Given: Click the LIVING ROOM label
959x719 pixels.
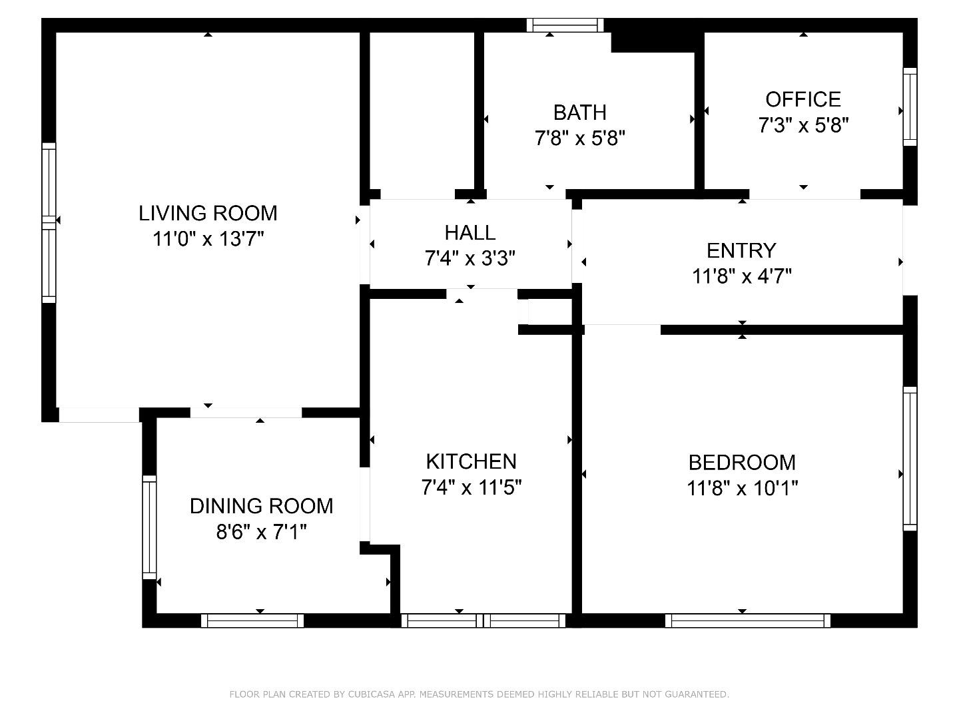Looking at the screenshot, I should [208, 213].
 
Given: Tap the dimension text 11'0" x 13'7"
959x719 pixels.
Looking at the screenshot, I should [208, 239].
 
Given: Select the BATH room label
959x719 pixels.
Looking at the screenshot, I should [579, 112].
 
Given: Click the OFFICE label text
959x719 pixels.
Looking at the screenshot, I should [803, 99].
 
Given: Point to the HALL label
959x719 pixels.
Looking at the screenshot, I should [470, 232].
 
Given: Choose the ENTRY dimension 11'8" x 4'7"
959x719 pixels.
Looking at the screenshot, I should [741, 276].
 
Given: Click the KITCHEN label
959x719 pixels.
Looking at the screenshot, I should [471, 461].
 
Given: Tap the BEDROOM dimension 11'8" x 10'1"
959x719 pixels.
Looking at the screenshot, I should [742, 489].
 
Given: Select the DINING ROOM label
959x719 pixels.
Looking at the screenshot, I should [261, 506].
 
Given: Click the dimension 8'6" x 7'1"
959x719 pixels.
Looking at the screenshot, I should [261, 532].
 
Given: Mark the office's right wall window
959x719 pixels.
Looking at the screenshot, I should [910, 107].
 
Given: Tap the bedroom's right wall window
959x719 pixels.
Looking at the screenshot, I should [910, 458].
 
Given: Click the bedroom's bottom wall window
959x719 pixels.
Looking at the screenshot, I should [747, 620].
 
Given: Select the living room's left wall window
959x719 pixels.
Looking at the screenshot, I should [49, 222].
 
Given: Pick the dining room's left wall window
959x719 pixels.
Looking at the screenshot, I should [149, 527].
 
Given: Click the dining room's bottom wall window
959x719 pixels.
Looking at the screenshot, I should [252, 620].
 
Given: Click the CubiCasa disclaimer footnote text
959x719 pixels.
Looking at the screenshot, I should [479, 694].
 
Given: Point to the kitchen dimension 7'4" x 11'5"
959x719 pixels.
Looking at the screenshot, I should [471, 488].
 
